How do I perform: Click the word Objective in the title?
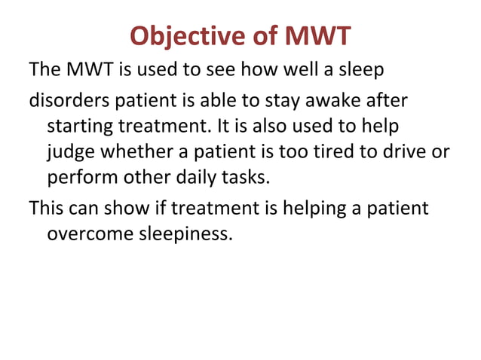coord(179,35)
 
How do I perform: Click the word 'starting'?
coord(77,125)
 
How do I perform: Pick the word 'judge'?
coord(69,153)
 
